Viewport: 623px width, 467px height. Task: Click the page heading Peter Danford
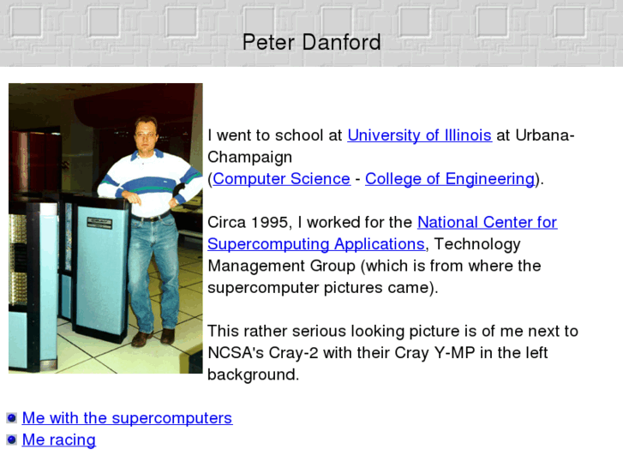click(x=311, y=42)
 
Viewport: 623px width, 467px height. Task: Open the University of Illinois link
click(x=419, y=135)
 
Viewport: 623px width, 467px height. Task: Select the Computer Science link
click(x=281, y=179)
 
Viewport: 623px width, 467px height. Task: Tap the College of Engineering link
click(x=449, y=179)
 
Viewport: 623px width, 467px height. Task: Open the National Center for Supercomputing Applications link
click(x=487, y=223)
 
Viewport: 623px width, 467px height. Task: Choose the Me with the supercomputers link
click(x=127, y=418)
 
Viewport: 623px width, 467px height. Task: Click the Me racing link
click(x=58, y=440)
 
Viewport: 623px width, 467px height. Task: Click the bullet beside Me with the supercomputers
click(x=12, y=418)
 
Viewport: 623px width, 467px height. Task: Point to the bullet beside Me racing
click(x=12, y=440)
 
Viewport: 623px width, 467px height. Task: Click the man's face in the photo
click(x=147, y=135)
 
